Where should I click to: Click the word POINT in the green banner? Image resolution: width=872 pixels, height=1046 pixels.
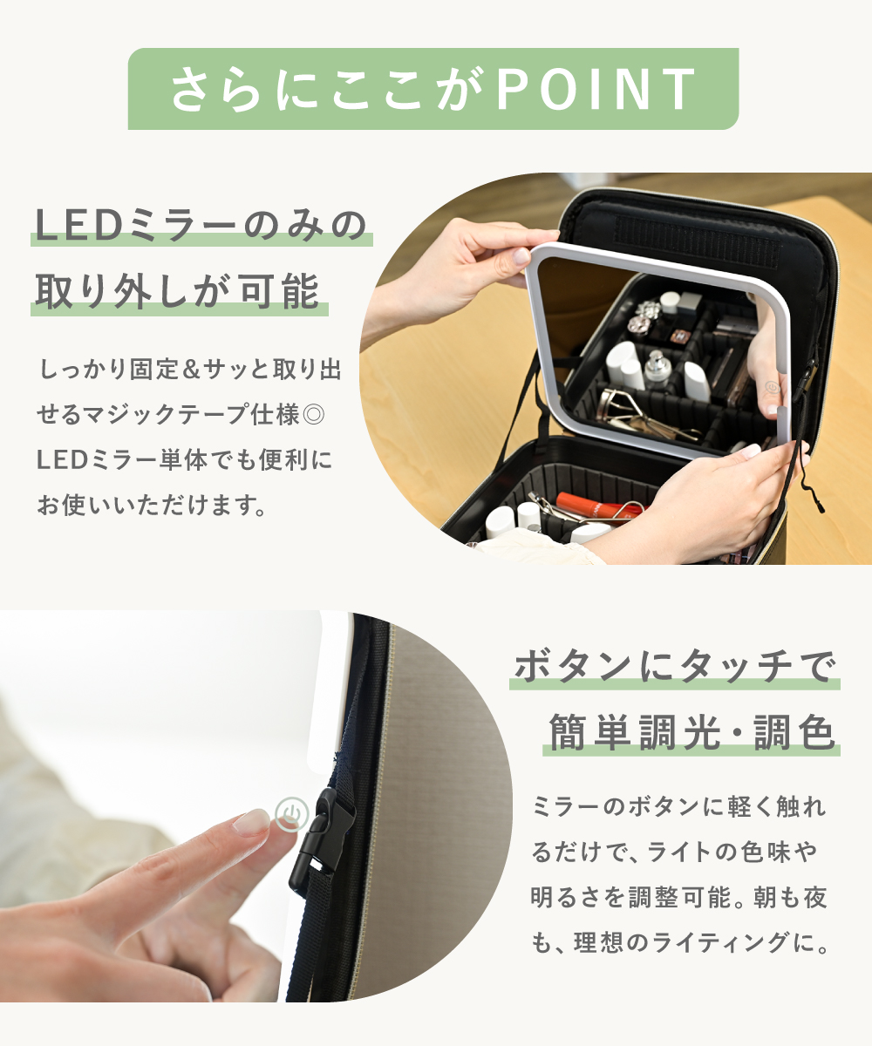coord(596,89)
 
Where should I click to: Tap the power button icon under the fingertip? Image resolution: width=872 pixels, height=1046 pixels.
coord(291,814)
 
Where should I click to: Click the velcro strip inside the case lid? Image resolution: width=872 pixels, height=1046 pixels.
coord(697,241)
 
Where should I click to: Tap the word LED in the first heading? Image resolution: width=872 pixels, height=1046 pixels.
coord(78,226)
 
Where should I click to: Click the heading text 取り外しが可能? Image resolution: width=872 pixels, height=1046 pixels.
coord(178,291)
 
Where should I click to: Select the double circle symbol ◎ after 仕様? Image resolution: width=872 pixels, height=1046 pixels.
coord(314,415)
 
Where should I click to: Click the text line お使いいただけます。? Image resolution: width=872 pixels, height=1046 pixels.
coord(152,505)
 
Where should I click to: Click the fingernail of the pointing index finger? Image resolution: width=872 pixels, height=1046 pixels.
coord(252,823)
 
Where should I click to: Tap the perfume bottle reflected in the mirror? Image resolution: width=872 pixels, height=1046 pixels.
coord(657,370)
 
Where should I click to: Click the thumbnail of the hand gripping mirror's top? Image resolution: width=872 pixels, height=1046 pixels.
coord(521,257)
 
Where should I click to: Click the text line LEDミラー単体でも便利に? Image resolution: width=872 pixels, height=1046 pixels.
coord(184,460)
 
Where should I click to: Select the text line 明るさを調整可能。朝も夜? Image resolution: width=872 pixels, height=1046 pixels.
coord(679,897)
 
